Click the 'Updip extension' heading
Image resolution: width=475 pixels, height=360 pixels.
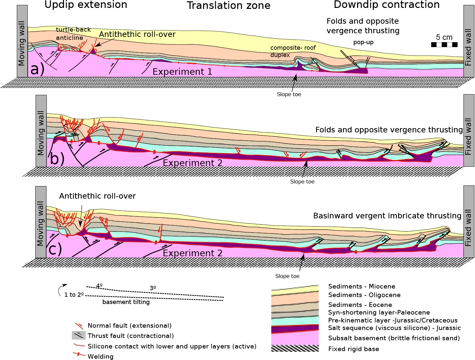[x=86, y=5]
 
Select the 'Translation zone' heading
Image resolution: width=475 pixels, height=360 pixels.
[x=228, y=6]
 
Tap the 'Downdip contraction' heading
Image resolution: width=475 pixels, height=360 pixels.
[x=387, y=5]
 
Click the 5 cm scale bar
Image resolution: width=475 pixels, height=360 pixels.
[x=444, y=44]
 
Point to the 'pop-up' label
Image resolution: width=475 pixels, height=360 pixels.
[x=363, y=42]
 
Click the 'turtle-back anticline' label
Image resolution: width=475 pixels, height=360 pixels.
[x=73, y=34]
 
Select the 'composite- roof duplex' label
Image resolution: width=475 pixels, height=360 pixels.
[x=293, y=51]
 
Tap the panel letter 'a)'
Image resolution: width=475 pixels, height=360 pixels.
[x=37, y=69]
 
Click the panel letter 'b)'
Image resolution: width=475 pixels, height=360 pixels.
[x=57, y=159]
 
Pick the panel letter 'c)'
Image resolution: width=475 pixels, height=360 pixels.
[x=55, y=249]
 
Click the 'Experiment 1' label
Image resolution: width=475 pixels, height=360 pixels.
[x=182, y=72]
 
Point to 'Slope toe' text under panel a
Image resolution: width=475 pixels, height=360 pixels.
[x=289, y=95]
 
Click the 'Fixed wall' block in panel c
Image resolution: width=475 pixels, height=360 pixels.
[x=468, y=221]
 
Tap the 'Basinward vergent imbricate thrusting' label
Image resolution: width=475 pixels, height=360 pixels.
[x=387, y=216]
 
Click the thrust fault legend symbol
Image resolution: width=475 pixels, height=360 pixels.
[x=79, y=336]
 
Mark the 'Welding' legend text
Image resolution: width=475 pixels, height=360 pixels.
[x=101, y=356]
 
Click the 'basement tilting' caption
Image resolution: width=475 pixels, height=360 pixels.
[x=126, y=302]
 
